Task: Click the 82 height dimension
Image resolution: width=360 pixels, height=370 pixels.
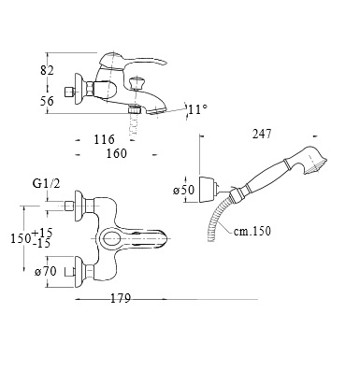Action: coord(47,70)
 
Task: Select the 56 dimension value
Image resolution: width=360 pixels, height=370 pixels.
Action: coord(47,101)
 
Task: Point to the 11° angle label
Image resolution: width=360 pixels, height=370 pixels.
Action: coord(197,109)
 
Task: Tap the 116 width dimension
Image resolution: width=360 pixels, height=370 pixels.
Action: coord(104,139)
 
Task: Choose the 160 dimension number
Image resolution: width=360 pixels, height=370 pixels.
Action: coord(117,153)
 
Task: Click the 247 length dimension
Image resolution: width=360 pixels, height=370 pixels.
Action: coord(262,134)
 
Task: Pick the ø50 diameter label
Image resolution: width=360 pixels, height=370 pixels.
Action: coord(184,190)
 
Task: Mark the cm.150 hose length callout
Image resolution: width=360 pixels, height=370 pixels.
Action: coord(252,231)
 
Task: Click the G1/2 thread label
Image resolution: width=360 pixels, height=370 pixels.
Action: coord(47,183)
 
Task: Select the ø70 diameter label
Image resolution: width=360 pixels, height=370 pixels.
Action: coord(46,272)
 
